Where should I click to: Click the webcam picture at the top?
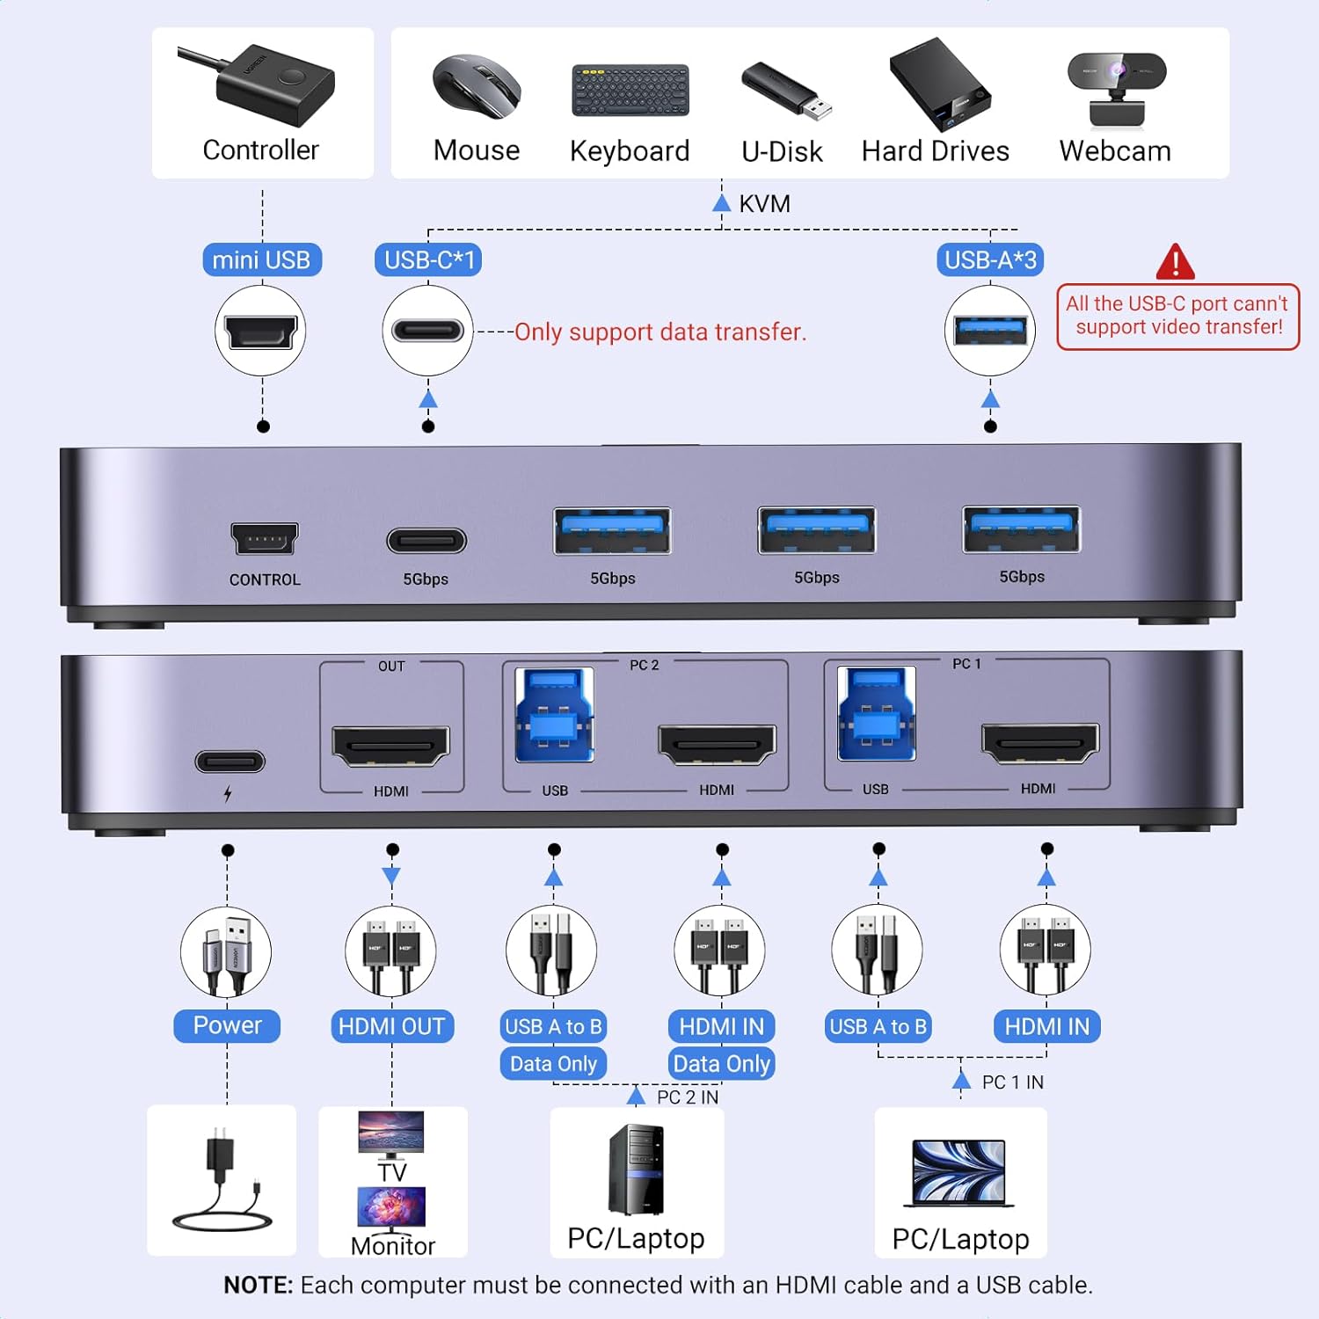point(1116,89)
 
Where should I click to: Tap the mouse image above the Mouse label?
point(477,86)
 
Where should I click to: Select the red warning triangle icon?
point(1175,262)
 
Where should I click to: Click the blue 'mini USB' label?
point(261,260)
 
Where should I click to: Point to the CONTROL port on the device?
point(264,538)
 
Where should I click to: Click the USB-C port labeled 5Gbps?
point(426,540)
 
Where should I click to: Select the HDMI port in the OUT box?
point(390,746)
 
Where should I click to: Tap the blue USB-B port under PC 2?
point(554,714)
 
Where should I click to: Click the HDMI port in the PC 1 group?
point(1039,743)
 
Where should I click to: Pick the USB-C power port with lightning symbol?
point(230,762)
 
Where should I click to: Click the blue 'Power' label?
point(227,1025)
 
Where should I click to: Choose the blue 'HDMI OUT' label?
point(391,1026)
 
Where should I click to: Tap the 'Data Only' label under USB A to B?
point(553,1064)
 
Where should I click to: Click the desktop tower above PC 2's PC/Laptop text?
point(635,1169)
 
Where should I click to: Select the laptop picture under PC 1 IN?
point(959,1173)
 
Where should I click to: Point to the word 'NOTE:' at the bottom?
point(258,1285)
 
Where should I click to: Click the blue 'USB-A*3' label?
point(990,260)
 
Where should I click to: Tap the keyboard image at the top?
point(630,90)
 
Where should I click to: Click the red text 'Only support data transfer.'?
point(659,332)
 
